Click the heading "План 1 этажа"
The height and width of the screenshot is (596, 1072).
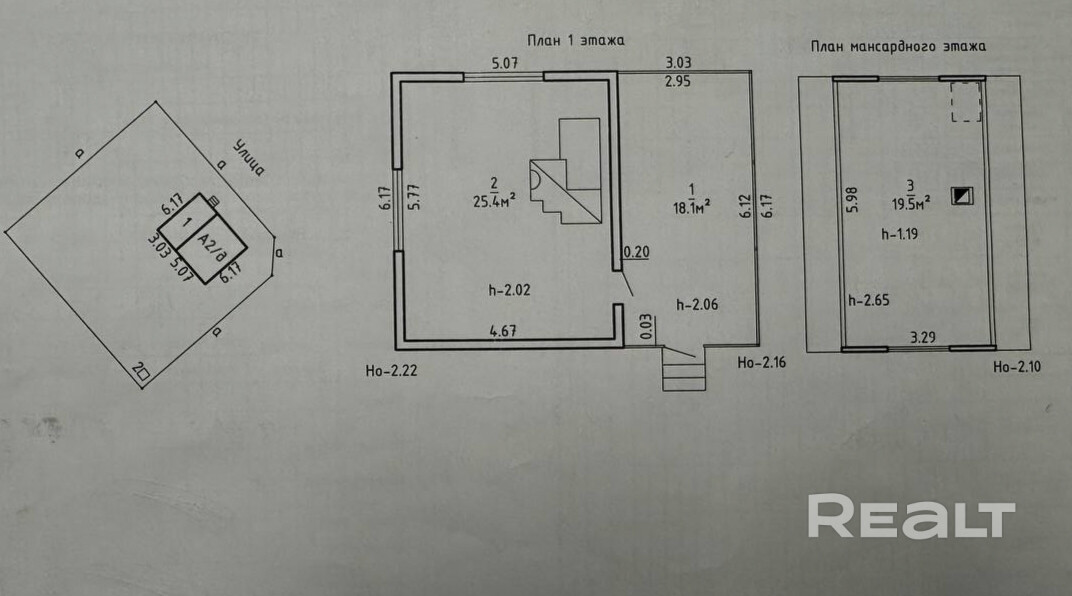click(x=576, y=41)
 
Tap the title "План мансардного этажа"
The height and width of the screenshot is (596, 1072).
click(x=898, y=47)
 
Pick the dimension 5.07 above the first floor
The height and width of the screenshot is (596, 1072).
click(x=505, y=63)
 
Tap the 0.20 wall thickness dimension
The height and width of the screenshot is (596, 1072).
click(x=636, y=252)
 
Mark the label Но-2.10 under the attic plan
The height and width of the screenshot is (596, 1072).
click(x=1018, y=368)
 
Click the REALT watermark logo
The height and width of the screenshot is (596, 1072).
click(x=911, y=517)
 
